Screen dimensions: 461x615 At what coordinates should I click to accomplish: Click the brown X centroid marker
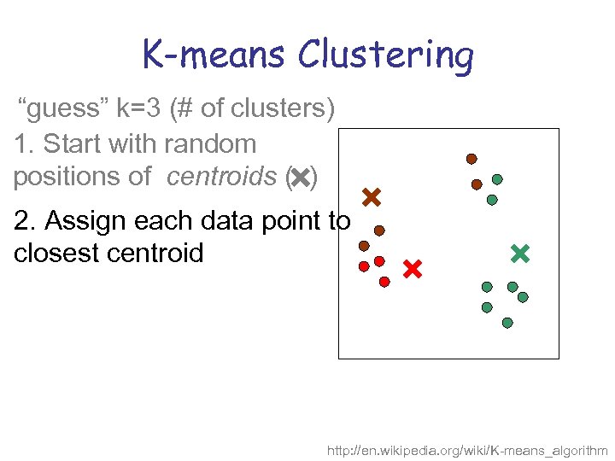pos(371,198)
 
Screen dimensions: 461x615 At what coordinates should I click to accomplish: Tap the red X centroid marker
pos(412,270)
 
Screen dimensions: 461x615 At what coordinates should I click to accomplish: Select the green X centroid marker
pos(519,253)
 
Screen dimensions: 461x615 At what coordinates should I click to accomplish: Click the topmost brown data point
pos(471,159)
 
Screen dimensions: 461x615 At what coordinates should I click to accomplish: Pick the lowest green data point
pos(507,323)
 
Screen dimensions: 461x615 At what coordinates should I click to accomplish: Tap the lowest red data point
pos(384,281)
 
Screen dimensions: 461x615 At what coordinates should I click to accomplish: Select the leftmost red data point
pos(364,266)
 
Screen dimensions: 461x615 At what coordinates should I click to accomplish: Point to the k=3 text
pos(140,110)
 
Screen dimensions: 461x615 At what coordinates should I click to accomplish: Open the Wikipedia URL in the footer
pos(467,450)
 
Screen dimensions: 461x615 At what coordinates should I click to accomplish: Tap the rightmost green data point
pos(523,297)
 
